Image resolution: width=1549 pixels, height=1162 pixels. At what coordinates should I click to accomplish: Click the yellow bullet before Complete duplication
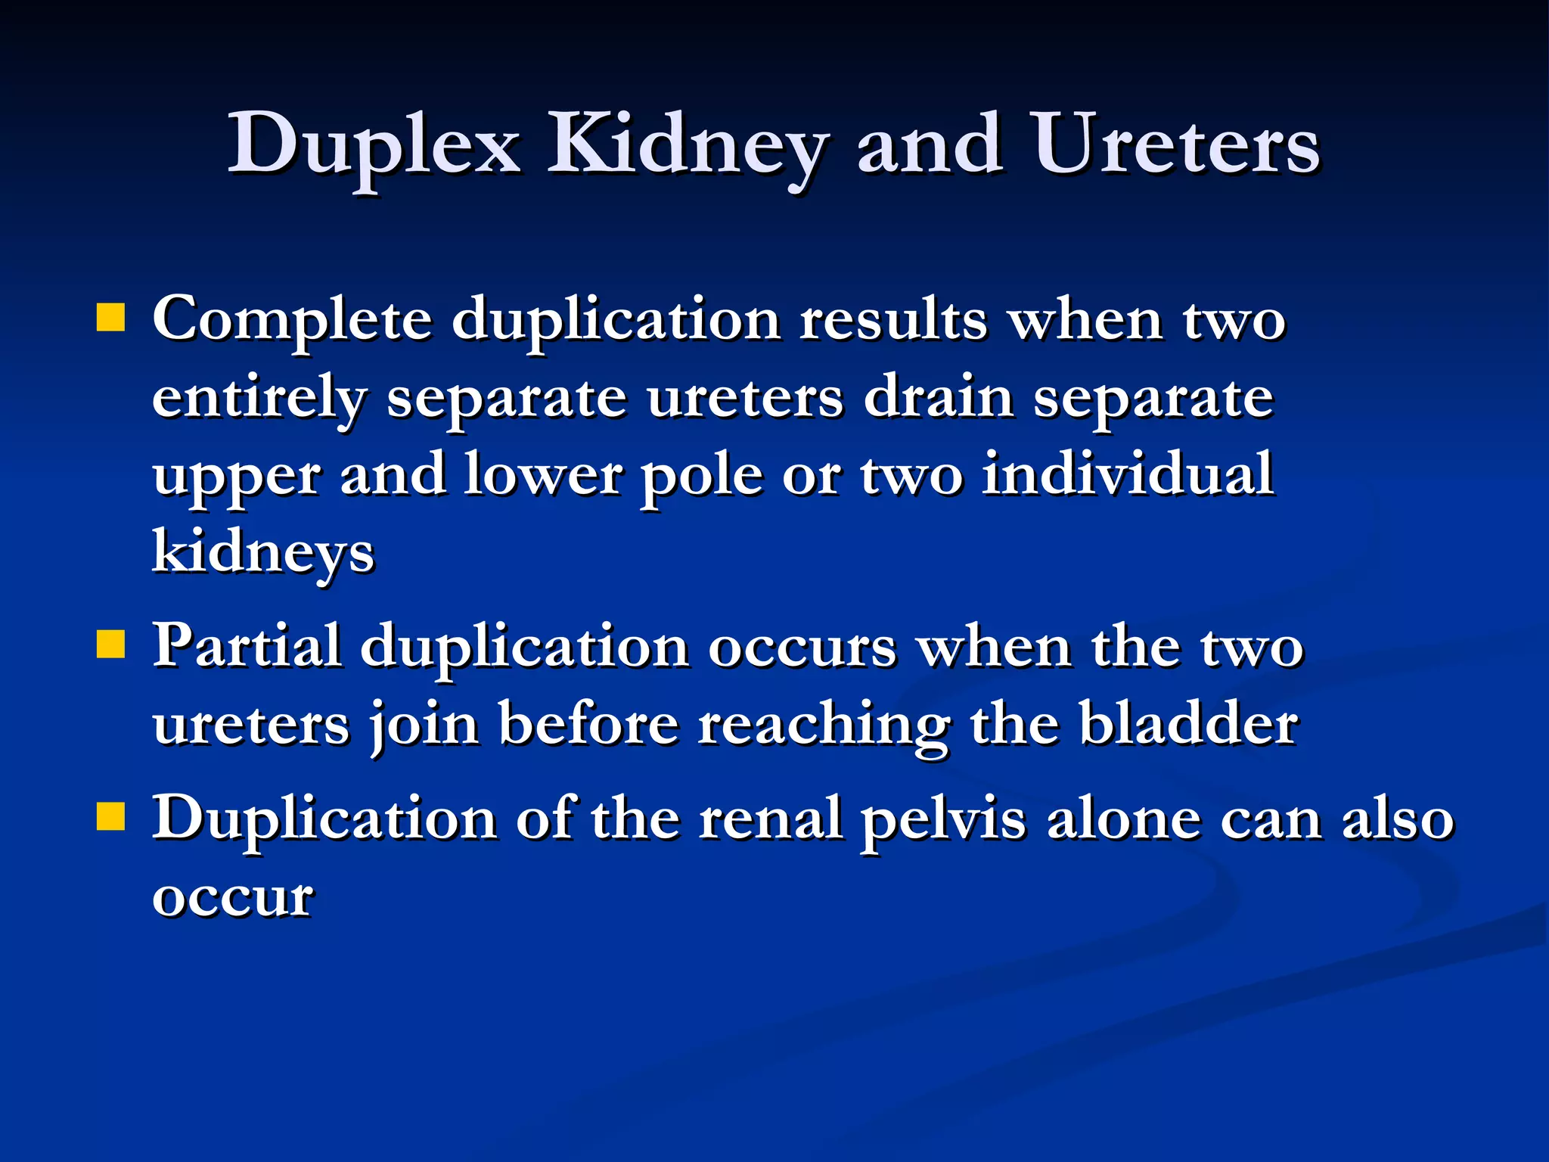pyautogui.click(x=110, y=318)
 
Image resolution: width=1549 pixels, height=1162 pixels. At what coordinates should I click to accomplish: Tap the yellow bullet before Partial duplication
pyautogui.click(x=110, y=645)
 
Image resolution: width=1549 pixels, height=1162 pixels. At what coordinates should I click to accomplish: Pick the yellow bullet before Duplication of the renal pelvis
pyautogui.click(x=110, y=817)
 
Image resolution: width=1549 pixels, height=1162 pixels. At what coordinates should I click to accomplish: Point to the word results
pyautogui.click(x=893, y=319)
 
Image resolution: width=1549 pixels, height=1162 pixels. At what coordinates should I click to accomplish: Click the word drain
pyautogui.click(x=939, y=397)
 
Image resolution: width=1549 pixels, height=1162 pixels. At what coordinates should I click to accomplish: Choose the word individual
pyautogui.click(x=1127, y=474)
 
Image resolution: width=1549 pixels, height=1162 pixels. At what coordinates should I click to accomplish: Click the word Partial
pyautogui.click(x=247, y=646)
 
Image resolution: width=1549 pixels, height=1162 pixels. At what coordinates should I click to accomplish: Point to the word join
pyautogui.click(x=424, y=725)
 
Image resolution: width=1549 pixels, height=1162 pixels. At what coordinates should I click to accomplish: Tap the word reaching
pyautogui.click(x=824, y=725)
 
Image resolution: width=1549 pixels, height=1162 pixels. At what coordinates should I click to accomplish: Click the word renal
pyautogui.click(x=771, y=819)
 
